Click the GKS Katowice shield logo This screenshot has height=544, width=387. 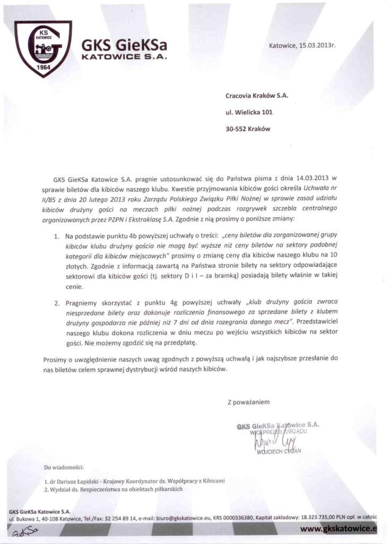(x=42, y=48)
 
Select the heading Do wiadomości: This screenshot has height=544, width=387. (x=64, y=467)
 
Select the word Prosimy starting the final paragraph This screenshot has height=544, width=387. (x=55, y=360)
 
